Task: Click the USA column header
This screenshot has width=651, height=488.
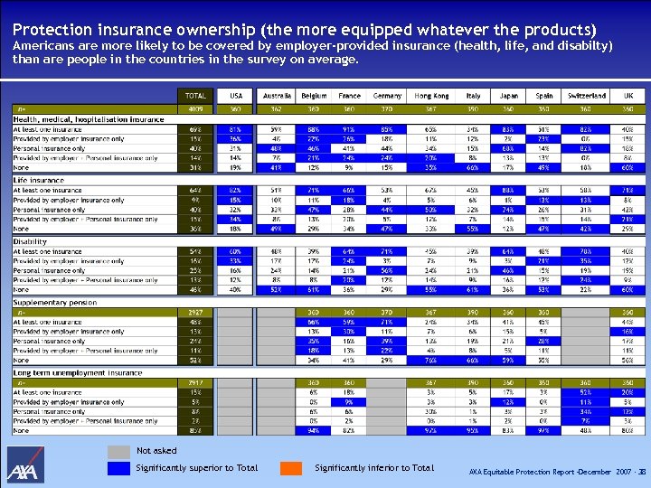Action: (x=236, y=96)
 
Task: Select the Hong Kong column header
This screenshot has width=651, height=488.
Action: (x=431, y=96)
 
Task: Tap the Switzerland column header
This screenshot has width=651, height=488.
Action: (x=587, y=96)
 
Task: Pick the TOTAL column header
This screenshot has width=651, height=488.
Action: (x=195, y=96)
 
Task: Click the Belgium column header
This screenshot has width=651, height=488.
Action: (x=313, y=96)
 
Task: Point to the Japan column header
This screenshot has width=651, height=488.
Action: (x=508, y=96)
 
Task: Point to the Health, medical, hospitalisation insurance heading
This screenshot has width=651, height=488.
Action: (x=88, y=119)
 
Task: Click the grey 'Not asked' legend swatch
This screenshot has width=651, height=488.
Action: (x=118, y=451)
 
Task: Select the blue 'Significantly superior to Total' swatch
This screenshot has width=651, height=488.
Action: (x=118, y=468)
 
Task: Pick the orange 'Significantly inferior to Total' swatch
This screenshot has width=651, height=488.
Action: (x=290, y=468)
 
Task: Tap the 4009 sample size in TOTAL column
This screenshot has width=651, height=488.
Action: (x=195, y=108)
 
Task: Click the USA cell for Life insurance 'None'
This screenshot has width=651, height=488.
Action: (x=236, y=230)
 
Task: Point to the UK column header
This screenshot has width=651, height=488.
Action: (x=627, y=96)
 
